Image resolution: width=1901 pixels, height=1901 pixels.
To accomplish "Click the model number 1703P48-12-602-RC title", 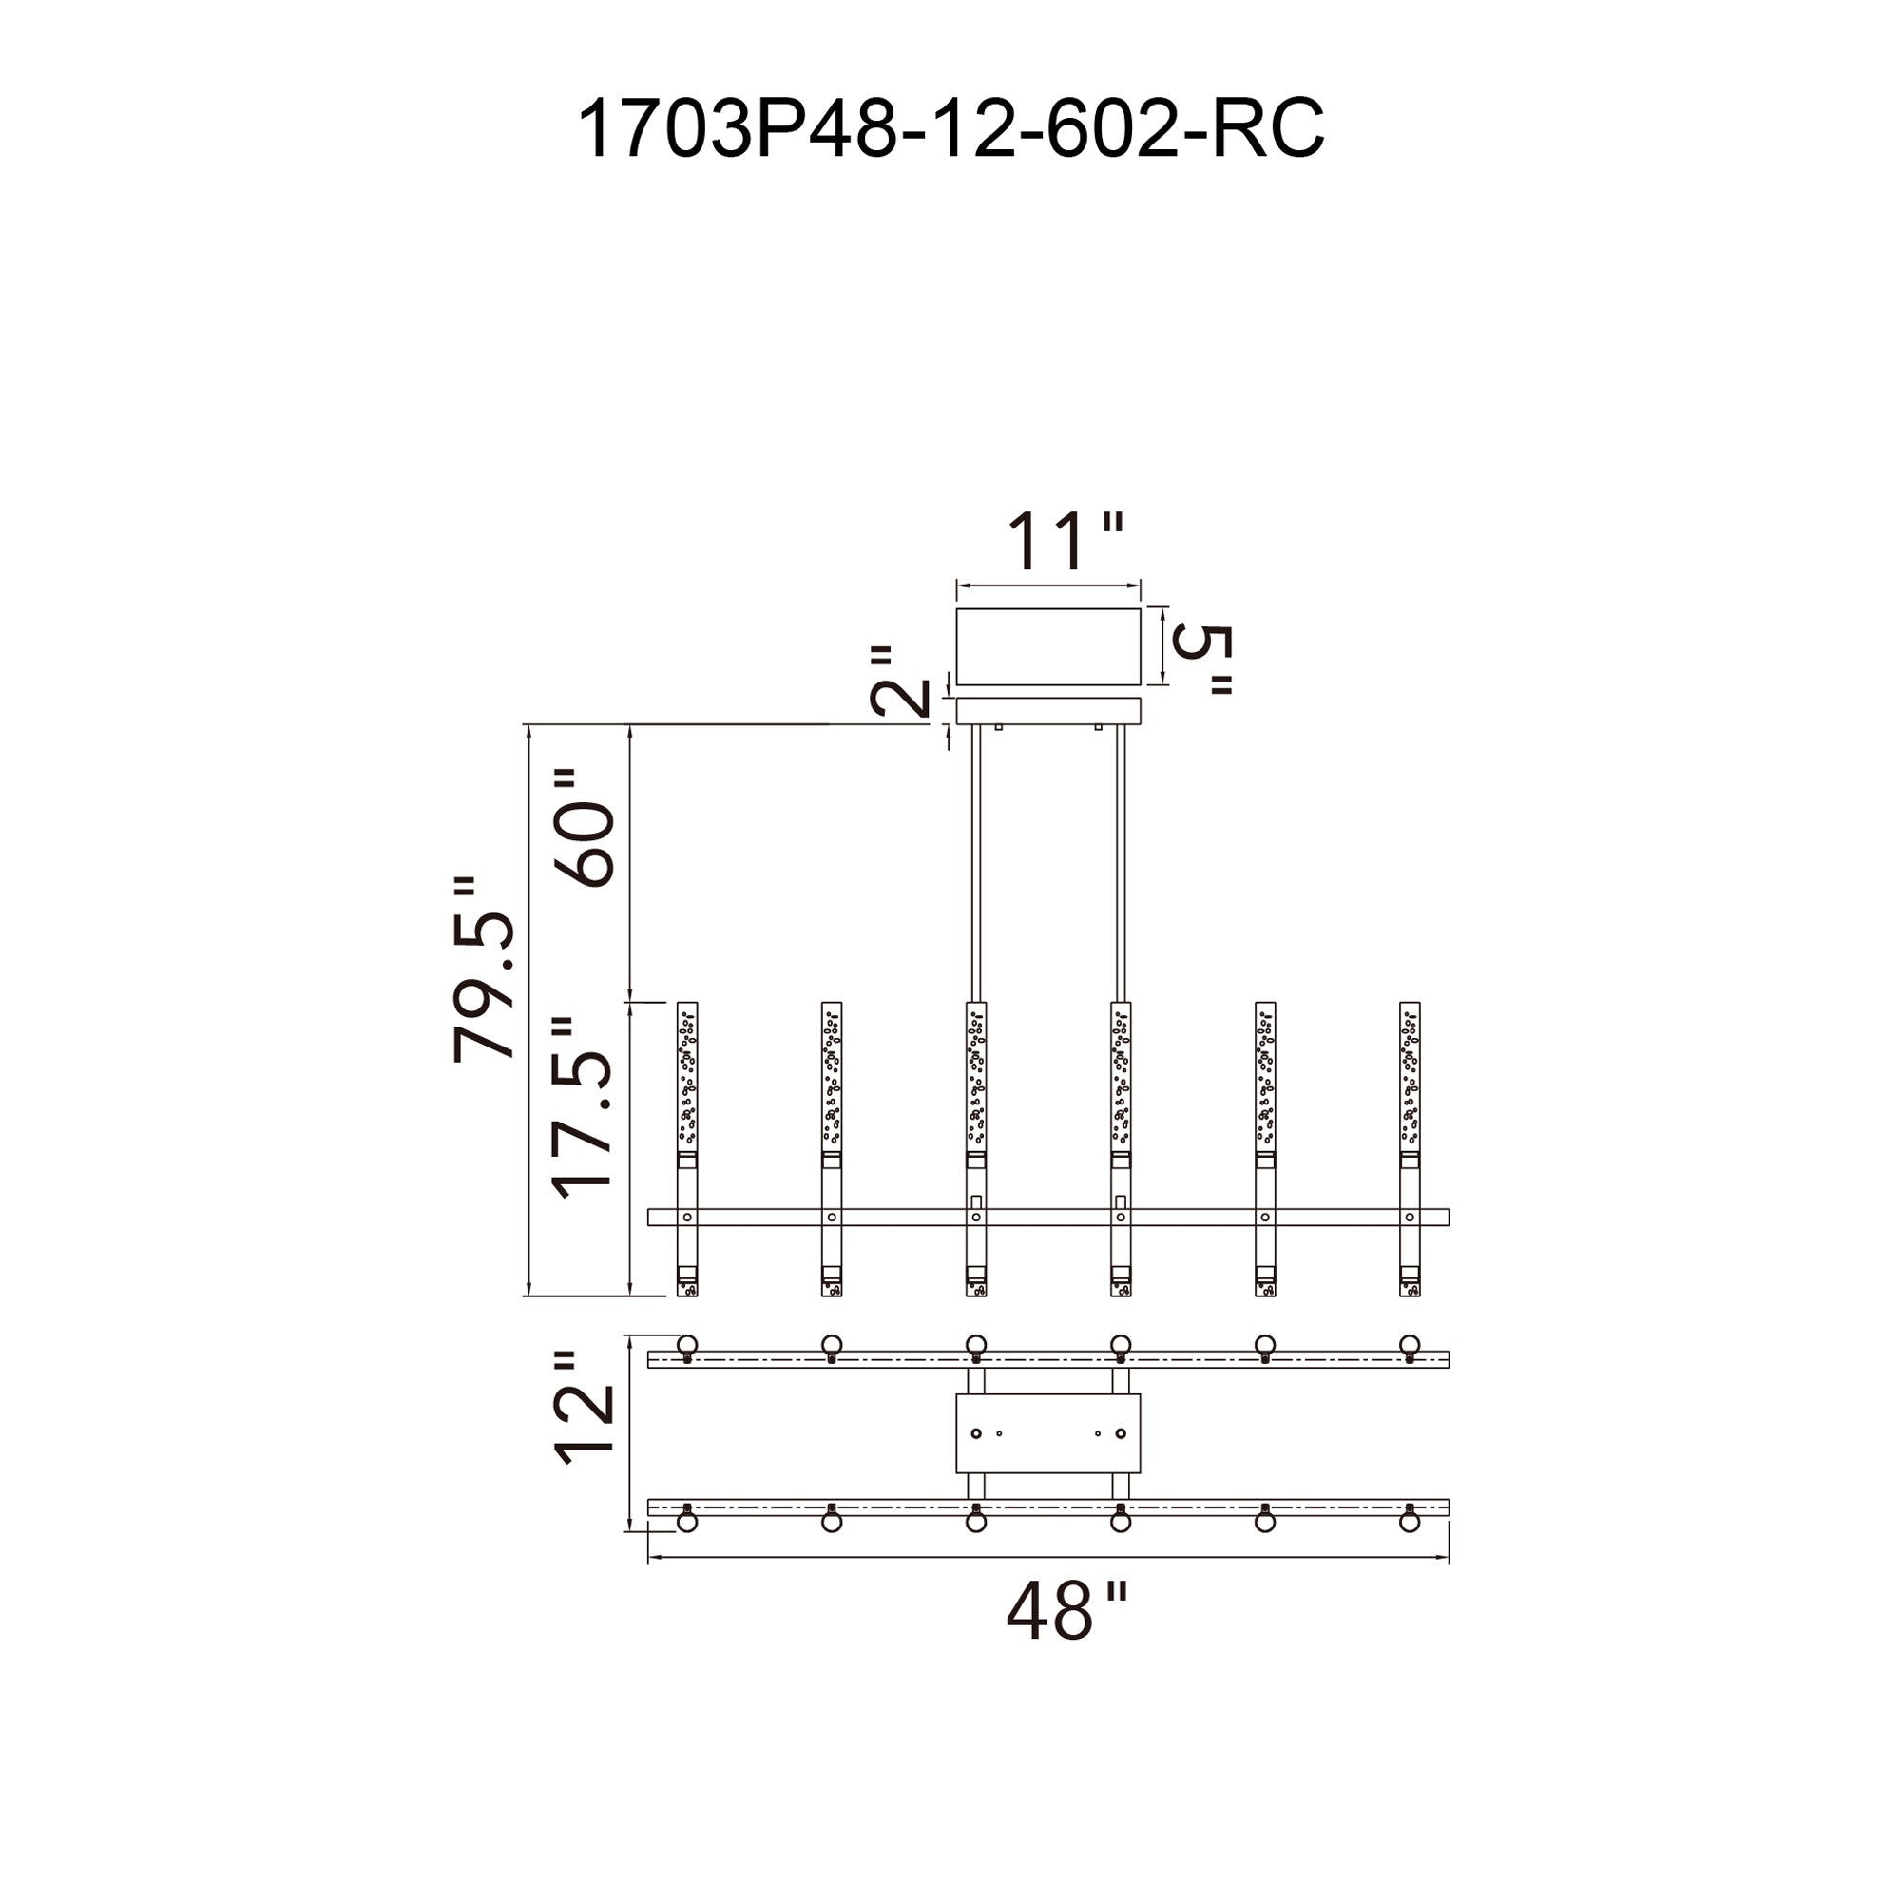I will pyautogui.click(x=950, y=129).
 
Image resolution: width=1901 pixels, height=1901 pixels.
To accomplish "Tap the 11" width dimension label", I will pyautogui.click(x=1063, y=540).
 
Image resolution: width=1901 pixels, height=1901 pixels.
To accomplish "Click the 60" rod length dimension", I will pyautogui.click(x=586, y=829).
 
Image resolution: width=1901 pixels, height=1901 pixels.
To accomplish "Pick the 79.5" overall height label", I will pyautogui.click(x=484, y=970).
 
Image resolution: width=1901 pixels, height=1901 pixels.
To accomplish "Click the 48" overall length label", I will pyautogui.click(x=1065, y=1612).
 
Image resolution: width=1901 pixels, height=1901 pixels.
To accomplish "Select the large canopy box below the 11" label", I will pyautogui.click(x=1047, y=646).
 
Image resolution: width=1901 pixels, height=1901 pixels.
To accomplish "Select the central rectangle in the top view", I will pyautogui.click(x=1047, y=1433).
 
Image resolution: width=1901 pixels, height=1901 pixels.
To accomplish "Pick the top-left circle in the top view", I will pyautogui.click(x=687, y=1344).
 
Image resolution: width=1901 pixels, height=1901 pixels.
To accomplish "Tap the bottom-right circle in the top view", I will pyautogui.click(x=1409, y=1522).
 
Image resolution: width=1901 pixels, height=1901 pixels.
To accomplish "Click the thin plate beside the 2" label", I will pyautogui.click(x=1047, y=710).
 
